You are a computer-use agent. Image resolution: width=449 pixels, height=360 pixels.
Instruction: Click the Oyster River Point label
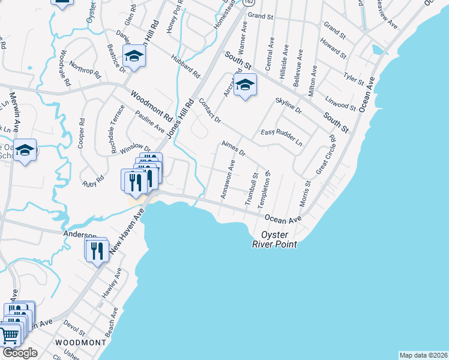[x=275, y=239]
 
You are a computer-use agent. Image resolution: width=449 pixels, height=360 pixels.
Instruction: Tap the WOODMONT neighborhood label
[x=80, y=342]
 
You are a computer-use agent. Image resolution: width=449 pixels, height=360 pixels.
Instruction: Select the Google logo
[x=20, y=353]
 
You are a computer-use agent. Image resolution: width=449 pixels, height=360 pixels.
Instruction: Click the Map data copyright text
[x=424, y=355]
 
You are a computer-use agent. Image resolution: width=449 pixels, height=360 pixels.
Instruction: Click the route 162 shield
[x=249, y=2]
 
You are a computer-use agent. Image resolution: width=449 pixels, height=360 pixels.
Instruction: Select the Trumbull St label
[x=251, y=190]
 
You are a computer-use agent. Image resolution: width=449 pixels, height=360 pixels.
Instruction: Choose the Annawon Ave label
[x=228, y=179]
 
